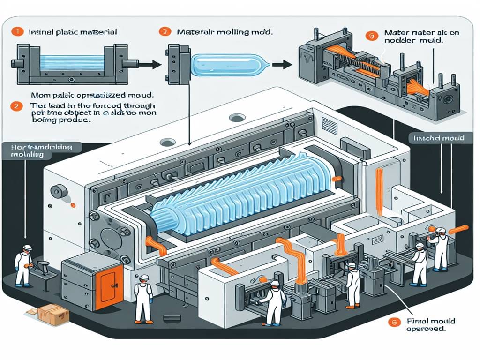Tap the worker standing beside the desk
pos(23,265)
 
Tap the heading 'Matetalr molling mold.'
pos(225,33)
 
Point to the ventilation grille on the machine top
pos(330,126)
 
